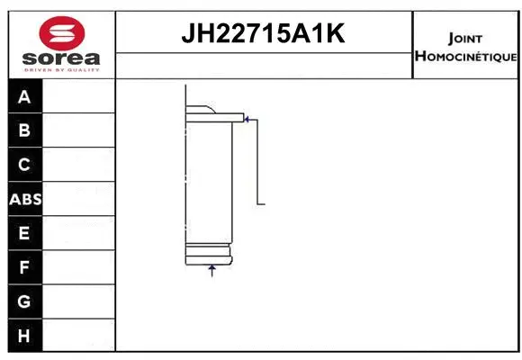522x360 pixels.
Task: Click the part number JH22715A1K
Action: (x=264, y=34)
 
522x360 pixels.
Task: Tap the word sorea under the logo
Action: (x=61, y=59)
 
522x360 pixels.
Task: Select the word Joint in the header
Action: (x=464, y=39)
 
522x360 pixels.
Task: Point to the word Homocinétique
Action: (x=465, y=57)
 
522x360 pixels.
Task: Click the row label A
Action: (x=24, y=96)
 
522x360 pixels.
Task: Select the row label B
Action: (x=24, y=130)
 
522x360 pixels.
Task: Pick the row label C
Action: (x=24, y=165)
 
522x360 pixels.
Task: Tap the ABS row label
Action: (x=25, y=200)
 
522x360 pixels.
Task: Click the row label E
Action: (x=24, y=234)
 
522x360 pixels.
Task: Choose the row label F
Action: (x=24, y=268)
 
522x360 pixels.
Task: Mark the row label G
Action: (x=24, y=302)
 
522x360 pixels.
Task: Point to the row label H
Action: (x=24, y=336)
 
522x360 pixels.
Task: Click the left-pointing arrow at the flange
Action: (x=249, y=118)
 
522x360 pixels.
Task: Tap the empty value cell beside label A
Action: (x=78, y=96)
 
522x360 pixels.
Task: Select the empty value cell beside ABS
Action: (x=78, y=200)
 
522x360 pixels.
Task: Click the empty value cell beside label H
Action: (x=78, y=336)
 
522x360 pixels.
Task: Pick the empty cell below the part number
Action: (x=264, y=65)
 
